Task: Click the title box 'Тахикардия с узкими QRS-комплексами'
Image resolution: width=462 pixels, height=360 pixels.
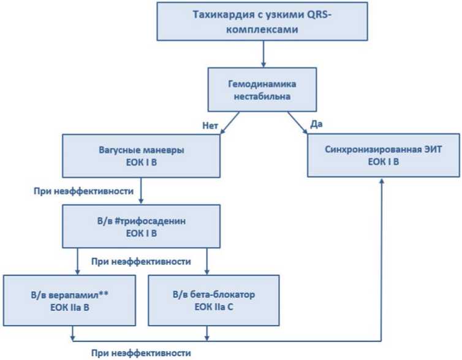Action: coord(262,21)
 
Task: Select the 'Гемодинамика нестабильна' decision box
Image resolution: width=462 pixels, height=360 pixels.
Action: coord(262,90)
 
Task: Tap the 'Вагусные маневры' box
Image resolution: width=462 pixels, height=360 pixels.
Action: coord(141,156)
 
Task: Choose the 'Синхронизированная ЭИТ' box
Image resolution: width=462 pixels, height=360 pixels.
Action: coord(384,155)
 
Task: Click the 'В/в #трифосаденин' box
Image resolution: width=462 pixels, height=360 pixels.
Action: coord(141,226)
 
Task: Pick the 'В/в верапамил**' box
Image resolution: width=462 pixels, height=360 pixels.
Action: coord(69,301)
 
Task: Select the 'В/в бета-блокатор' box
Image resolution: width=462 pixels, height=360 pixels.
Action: coord(214,301)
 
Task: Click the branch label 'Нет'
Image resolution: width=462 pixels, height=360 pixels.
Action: coord(210,126)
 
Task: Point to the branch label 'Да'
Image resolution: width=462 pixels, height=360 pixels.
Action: coord(316,124)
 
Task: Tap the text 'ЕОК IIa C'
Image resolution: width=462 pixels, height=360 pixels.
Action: coord(214,307)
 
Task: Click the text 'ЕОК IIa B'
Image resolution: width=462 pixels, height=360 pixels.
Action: coord(69,307)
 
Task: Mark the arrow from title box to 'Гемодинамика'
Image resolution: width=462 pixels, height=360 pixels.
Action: coord(263,54)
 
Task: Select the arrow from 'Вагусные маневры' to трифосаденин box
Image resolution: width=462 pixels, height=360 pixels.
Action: coord(141,191)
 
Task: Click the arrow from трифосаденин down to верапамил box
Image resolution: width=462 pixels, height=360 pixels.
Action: coord(77,261)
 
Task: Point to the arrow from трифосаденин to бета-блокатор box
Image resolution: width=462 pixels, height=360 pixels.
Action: coord(207,261)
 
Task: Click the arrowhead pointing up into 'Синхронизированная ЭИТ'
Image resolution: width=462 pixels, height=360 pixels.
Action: coord(382,180)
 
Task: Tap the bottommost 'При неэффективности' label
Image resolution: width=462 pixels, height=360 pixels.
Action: coord(141,353)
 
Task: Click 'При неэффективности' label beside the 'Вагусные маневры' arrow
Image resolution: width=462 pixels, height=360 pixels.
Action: coord(84,191)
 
